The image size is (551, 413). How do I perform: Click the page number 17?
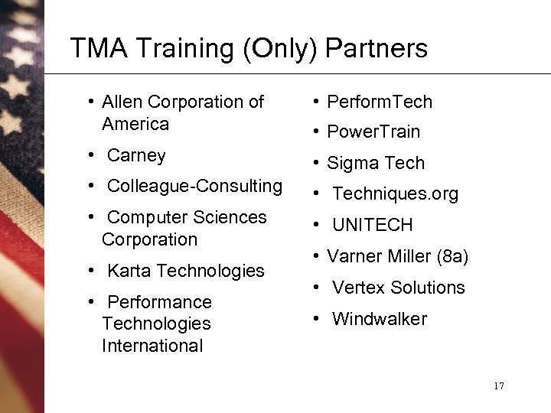(x=498, y=385)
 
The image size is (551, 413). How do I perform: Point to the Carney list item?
(x=136, y=155)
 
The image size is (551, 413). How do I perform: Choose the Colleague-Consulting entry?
(x=194, y=186)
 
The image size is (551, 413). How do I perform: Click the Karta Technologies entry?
(x=185, y=271)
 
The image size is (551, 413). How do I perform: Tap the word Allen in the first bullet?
(x=123, y=102)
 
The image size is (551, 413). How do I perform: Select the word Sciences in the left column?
(x=230, y=217)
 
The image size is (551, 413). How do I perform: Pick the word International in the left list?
(x=152, y=346)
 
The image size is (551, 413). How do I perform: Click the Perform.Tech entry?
(x=379, y=102)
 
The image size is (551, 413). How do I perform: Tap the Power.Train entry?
(x=373, y=132)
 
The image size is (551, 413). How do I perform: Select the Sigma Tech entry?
(x=375, y=163)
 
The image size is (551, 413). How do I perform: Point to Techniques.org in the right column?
(x=395, y=194)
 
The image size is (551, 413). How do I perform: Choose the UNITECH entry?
(x=372, y=225)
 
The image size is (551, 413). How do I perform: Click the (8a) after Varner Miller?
(x=452, y=256)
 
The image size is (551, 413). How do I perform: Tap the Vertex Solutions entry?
(x=398, y=288)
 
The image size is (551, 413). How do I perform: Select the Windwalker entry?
(x=379, y=319)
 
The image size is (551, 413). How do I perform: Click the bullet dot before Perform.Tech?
(x=315, y=102)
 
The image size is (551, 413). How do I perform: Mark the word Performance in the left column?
(x=159, y=302)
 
